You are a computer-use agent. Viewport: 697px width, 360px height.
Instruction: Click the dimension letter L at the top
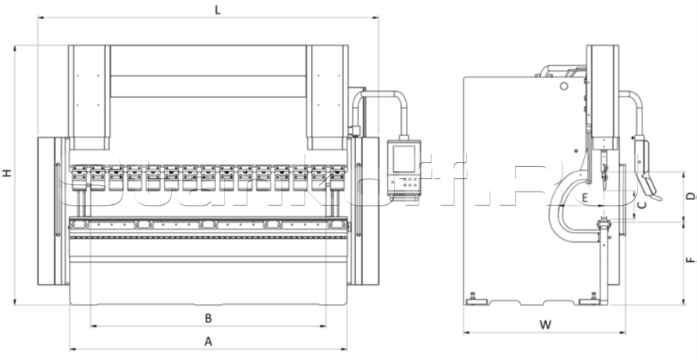[x=217, y=9]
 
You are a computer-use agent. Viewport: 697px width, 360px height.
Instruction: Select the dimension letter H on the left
[x=6, y=172]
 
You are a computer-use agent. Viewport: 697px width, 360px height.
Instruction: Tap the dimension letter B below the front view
[x=208, y=318]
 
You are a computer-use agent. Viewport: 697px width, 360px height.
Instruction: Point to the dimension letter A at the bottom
[x=209, y=342]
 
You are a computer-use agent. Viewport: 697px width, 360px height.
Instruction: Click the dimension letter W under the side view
[x=544, y=325]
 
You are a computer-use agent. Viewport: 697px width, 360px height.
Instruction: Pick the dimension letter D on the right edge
[x=690, y=195]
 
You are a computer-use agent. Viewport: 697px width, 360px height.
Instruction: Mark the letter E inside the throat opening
[x=585, y=196]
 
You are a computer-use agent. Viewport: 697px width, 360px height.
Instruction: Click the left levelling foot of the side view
[x=475, y=298]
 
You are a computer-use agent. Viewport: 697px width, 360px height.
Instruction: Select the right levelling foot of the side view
[x=589, y=298]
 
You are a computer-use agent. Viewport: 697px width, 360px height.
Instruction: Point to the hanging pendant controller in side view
[x=645, y=166]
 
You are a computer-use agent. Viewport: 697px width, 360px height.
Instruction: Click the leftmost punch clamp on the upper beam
[x=78, y=173]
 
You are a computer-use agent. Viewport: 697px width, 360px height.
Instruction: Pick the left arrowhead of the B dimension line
[x=92, y=326]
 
